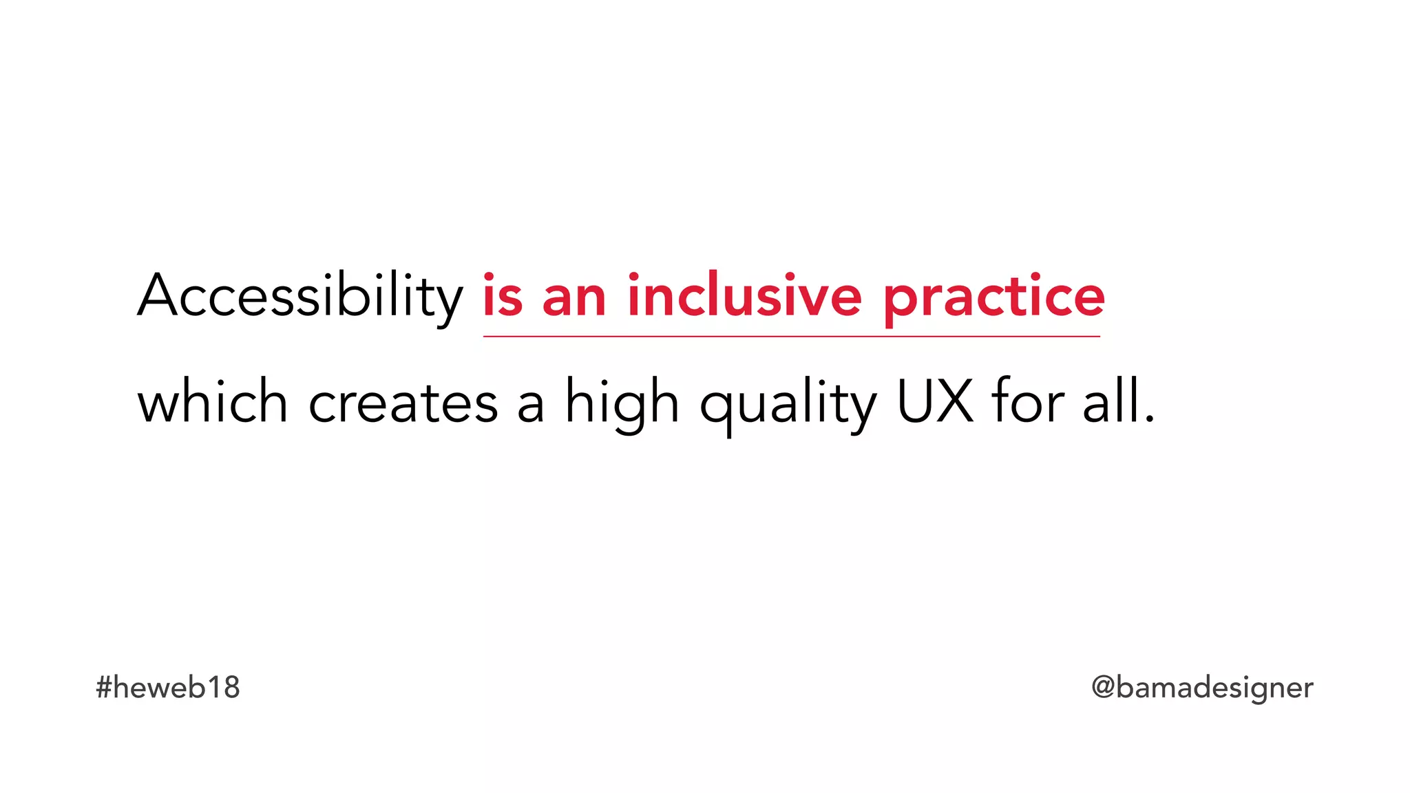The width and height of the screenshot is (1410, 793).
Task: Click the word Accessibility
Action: point(300,296)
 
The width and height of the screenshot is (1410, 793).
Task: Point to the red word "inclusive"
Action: point(744,296)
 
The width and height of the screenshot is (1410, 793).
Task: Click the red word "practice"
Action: point(993,297)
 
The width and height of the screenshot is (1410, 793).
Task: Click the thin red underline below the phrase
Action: point(792,337)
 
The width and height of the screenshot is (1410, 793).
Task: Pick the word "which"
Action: point(213,402)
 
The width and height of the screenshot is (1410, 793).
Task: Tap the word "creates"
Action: point(403,403)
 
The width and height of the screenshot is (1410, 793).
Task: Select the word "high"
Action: point(622,403)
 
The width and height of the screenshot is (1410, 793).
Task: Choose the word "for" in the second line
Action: point(1029,401)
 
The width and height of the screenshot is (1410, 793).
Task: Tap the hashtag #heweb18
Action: point(168,687)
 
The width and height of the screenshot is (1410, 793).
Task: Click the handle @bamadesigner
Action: point(1202,687)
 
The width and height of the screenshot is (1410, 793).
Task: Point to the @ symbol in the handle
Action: point(1103,688)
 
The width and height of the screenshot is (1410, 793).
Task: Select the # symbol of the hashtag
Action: point(103,688)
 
